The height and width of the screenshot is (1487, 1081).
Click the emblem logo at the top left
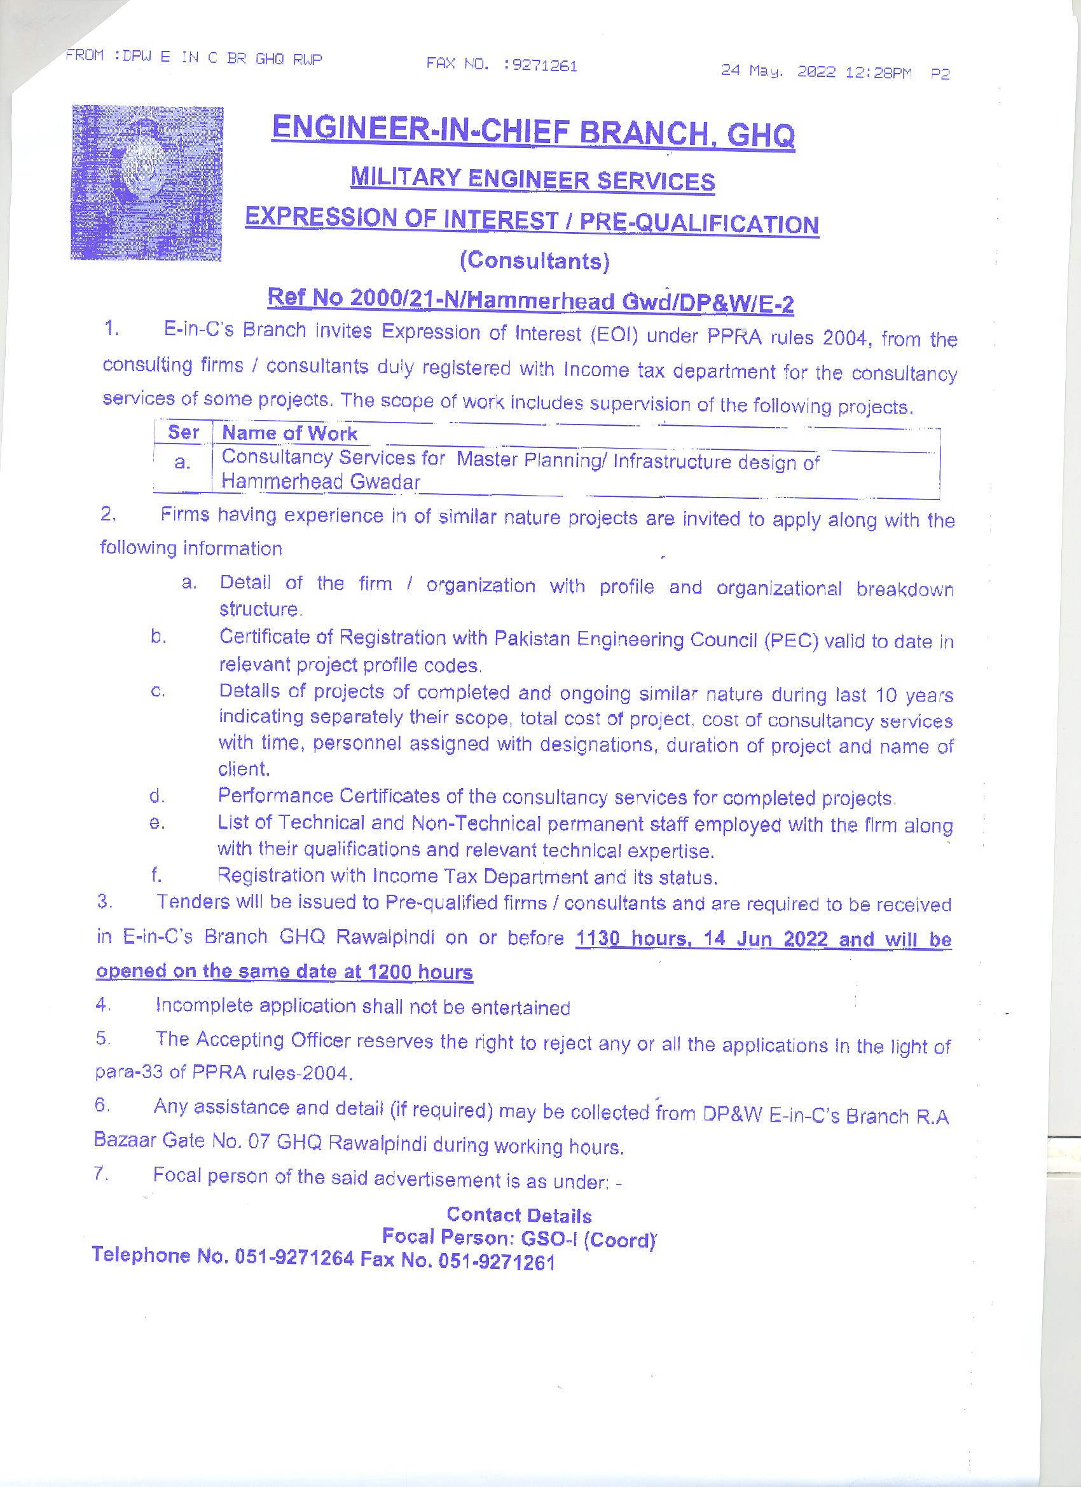[x=146, y=182]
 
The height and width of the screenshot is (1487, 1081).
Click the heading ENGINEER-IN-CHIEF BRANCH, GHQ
[x=533, y=133]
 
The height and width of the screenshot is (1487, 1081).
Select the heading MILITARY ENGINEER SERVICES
[x=532, y=180]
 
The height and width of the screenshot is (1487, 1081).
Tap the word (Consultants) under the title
[x=535, y=261]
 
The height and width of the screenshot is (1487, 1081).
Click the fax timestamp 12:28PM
[x=878, y=72]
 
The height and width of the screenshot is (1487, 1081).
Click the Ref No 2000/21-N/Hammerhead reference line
[x=530, y=301]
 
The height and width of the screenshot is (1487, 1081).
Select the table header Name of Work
[x=289, y=433]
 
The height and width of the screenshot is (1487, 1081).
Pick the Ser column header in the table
[x=183, y=433]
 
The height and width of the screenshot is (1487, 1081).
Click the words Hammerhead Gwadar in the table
[x=320, y=482]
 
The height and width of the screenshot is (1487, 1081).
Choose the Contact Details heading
[x=519, y=1215]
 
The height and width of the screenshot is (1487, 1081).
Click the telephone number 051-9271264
[x=294, y=1258]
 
